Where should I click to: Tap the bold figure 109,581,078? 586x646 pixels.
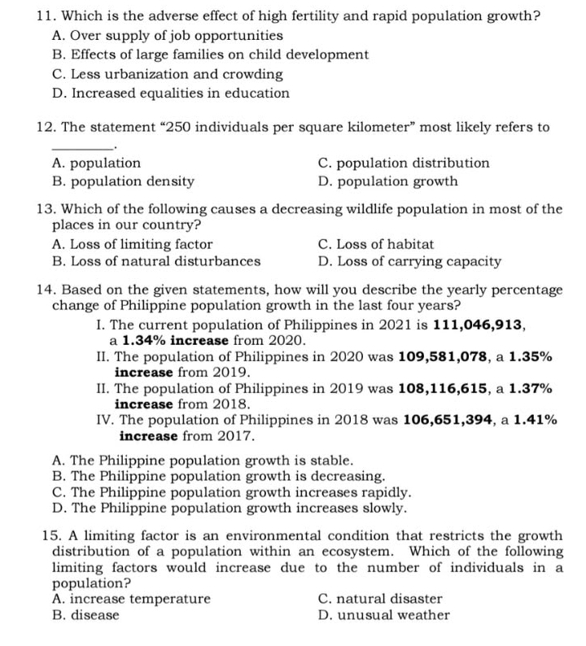448,356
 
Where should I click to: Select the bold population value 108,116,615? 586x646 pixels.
448,388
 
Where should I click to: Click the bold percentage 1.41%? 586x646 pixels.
535,420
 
